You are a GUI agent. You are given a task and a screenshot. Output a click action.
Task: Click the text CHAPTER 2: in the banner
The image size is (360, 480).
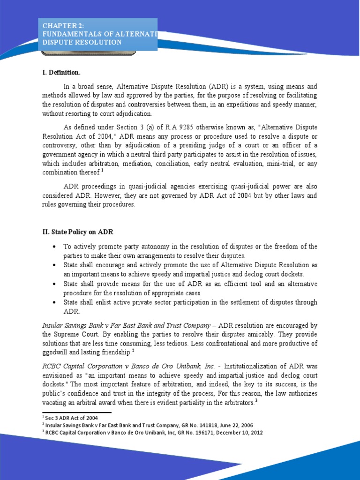coord(62,26)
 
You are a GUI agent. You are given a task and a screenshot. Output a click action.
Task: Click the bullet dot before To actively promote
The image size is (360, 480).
coord(55,247)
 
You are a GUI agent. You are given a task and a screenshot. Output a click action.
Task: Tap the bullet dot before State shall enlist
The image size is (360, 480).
coord(55,303)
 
